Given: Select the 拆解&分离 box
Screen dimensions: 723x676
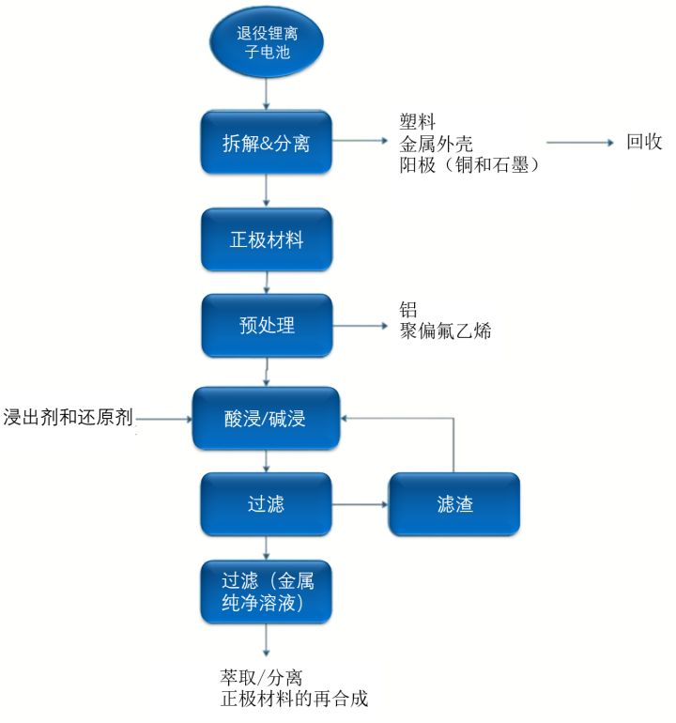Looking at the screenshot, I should pos(267,144).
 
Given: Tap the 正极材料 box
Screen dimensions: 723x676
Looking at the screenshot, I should pos(267,239).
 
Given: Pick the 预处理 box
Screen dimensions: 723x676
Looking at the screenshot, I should pos(267,326).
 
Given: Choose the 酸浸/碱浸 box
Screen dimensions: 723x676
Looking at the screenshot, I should pos(267,418).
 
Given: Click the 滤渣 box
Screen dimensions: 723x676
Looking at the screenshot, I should pos(454,505).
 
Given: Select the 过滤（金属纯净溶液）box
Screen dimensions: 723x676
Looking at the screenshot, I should pos(267,590).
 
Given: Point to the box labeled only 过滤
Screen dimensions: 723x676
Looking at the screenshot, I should pos(267,505).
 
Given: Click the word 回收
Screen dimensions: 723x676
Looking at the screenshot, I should pos(645,143).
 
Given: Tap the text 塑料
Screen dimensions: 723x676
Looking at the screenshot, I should pos(418,123).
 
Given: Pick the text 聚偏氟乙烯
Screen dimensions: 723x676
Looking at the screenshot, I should pos(446,331).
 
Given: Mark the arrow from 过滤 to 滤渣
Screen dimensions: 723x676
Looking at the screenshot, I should pos(361,505).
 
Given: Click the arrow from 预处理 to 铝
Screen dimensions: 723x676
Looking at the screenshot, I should pos(361,326).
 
